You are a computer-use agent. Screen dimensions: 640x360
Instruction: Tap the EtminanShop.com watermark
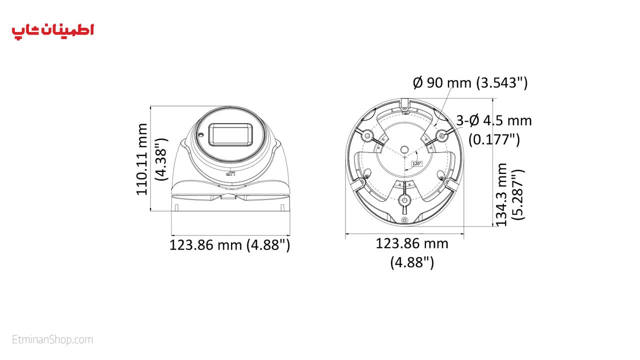click(x=52, y=339)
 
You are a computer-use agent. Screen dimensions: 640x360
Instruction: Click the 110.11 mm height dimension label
click(x=142, y=159)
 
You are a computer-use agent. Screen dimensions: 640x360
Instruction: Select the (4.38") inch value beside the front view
click(x=161, y=159)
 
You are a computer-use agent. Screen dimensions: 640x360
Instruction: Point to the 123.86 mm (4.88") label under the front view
click(x=229, y=245)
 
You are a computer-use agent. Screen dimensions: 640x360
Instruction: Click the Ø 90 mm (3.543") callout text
click(x=470, y=83)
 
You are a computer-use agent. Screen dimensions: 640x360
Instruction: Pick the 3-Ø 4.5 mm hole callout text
click(x=494, y=120)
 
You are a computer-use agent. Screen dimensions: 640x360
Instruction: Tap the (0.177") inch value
click(x=494, y=139)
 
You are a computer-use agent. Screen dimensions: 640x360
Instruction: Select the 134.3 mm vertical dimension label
click(x=501, y=195)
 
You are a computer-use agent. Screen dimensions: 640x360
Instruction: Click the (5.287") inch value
click(x=518, y=195)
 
